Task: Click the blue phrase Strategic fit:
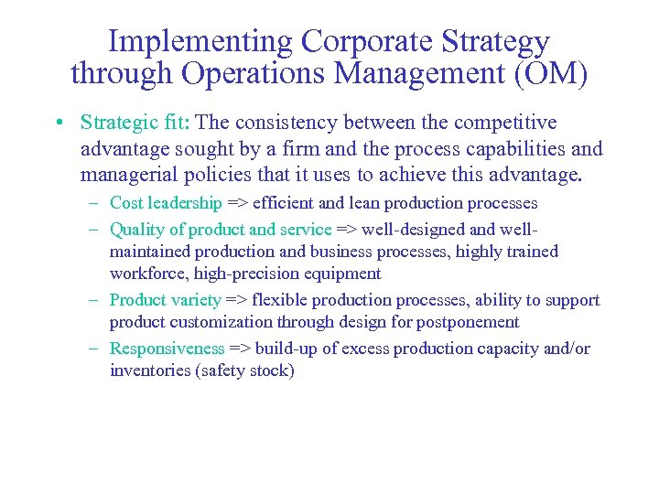point(135,123)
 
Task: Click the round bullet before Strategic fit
point(58,123)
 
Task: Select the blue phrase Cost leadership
point(166,203)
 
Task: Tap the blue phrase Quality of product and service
point(220,229)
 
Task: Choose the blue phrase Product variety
point(165,300)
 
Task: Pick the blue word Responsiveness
point(167,349)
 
